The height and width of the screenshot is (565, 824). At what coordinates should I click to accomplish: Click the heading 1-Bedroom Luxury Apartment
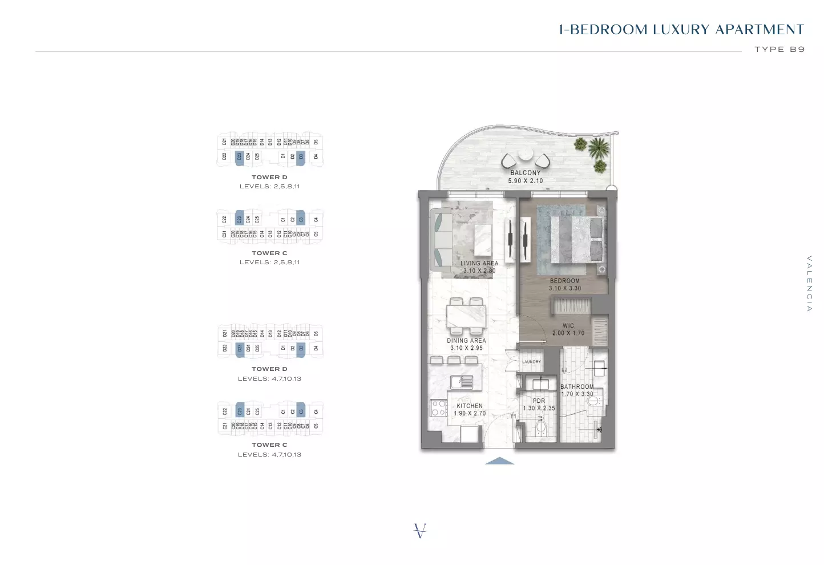click(x=681, y=30)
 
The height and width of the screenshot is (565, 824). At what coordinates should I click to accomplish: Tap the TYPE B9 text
click(x=779, y=50)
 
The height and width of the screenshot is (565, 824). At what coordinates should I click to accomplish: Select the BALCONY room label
click(x=525, y=172)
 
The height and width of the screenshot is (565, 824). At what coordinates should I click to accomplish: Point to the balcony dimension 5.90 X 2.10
click(x=525, y=181)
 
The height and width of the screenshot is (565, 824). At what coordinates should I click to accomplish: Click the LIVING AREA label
click(x=479, y=263)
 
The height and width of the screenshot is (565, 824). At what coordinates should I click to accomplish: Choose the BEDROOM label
click(x=564, y=281)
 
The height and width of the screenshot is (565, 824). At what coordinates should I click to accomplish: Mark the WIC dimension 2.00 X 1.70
click(x=568, y=333)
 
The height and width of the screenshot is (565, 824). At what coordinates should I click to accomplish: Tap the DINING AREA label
click(x=466, y=341)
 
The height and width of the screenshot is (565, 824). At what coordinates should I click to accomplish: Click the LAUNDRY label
click(x=531, y=362)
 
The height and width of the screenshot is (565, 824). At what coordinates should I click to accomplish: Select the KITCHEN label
click(x=469, y=406)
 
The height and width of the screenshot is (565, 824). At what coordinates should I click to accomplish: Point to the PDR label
click(x=539, y=401)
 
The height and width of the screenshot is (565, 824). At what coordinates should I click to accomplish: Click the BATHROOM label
click(x=577, y=386)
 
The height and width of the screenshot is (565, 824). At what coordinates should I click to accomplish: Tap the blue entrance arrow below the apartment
click(x=499, y=461)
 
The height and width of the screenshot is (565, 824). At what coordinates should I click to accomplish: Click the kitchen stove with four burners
click(x=438, y=408)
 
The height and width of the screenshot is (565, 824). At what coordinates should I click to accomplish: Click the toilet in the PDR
click(x=541, y=427)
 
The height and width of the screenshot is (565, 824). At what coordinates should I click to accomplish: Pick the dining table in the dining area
click(x=466, y=316)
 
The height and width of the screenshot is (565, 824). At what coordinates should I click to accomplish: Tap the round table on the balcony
click(x=525, y=155)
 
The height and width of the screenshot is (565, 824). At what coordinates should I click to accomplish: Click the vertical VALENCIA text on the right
click(x=809, y=284)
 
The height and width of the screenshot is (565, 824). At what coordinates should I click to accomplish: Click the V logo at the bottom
click(x=420, y=530)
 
